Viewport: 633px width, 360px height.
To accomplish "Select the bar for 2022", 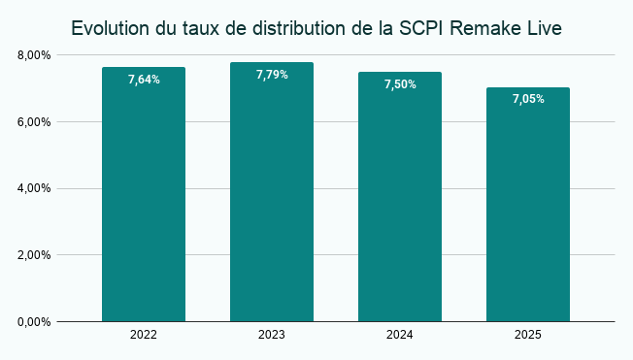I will tap(144, 194).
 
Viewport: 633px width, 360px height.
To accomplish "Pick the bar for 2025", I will tap(528, 205).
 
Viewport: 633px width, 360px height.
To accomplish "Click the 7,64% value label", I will tap(144, 80).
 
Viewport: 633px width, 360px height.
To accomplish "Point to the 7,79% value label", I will tap(272, 75).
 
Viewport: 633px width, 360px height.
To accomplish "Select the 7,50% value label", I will tap(400, 84).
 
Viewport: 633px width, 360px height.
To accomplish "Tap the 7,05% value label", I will tap(528, 99).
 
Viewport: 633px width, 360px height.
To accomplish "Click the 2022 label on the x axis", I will tap(144, 335).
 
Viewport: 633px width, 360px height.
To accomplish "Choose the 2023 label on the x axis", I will tap(272, 335).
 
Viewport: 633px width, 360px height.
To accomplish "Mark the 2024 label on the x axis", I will tap(400, 335).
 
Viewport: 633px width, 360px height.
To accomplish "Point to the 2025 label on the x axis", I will tap(528, 335).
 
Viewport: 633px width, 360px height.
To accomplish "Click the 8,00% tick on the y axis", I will tap(34, 55).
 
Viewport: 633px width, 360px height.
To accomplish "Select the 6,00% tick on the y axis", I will tap(34, 122).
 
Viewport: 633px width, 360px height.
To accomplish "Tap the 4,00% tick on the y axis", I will tap(34, 188).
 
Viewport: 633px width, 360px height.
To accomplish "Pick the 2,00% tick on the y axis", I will tap(34, 255).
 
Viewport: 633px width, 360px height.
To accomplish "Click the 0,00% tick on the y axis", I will tap(34, 321).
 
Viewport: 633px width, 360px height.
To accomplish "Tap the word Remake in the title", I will tap(489, 28).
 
